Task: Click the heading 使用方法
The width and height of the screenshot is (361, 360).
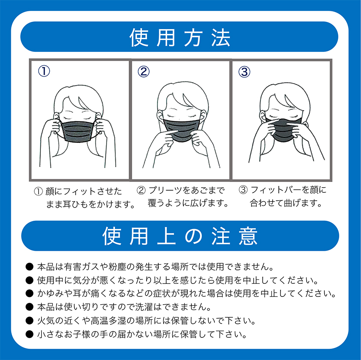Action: [x=180, y=38]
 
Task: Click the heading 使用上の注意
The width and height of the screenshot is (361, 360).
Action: [x=180, y=236]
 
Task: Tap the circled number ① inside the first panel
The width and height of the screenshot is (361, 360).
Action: [x=44, y=71]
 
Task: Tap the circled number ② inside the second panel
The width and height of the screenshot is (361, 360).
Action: [x=144, y=71]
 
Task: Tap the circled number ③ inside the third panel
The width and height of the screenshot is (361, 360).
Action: [x=244, y=72]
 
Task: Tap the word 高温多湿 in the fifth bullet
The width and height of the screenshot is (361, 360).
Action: [x=108, y=320]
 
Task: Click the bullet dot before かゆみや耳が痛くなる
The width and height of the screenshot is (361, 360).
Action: [x=30, y=294]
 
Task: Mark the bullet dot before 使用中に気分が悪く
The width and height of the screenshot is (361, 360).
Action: [x=30, y=280]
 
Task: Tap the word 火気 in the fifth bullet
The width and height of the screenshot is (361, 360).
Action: [x=46, y=320]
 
